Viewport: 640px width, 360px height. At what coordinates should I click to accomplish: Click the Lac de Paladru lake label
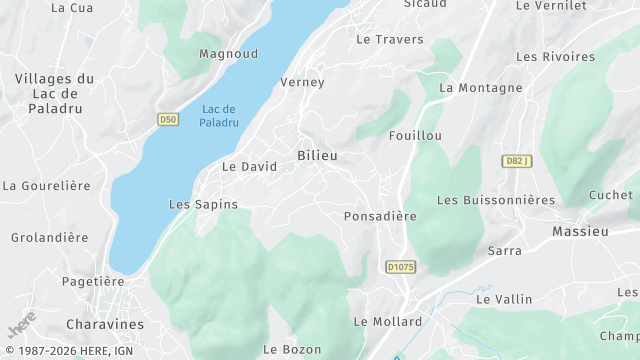tap(218, 115)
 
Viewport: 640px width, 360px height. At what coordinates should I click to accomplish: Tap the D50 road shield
tap(168, 119)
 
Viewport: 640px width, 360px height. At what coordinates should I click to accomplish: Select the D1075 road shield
tap(400, 267)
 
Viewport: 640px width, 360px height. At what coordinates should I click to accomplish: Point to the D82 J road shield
tap(516, 161)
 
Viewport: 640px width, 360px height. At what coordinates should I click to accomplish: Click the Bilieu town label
tap(317, 155)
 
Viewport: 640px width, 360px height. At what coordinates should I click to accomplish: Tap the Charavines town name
tap(104, 324)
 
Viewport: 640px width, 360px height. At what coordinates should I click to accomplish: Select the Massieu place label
tap(580, 231)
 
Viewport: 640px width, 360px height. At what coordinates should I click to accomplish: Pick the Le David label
tap(249, 166)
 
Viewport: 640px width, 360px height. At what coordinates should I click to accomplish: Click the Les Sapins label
tap(204, 204)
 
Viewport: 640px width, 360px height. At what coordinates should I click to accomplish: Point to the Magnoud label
tap(228, 53)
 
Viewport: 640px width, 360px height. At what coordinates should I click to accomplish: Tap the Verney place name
tap(303, 82)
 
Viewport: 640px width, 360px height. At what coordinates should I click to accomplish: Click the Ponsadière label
tap(380, 215)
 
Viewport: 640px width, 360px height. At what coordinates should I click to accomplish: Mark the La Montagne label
tap(481, 88)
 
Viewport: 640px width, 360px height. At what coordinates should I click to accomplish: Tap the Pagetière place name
tap(92, 281)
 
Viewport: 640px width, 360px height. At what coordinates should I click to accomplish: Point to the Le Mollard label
tap(388, 321)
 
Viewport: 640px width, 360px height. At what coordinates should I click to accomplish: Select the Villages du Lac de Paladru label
tap(54, 94)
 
